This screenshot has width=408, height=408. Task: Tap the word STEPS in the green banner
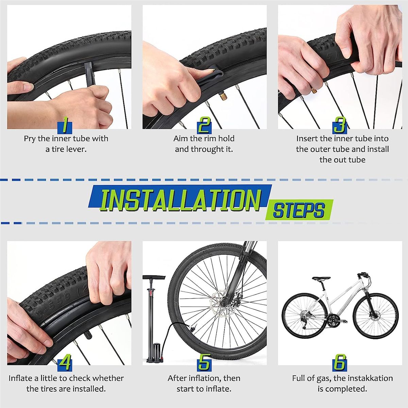click(299, 210)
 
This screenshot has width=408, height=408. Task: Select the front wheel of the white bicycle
click(376, 317)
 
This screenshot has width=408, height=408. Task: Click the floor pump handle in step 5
click(154, 277)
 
